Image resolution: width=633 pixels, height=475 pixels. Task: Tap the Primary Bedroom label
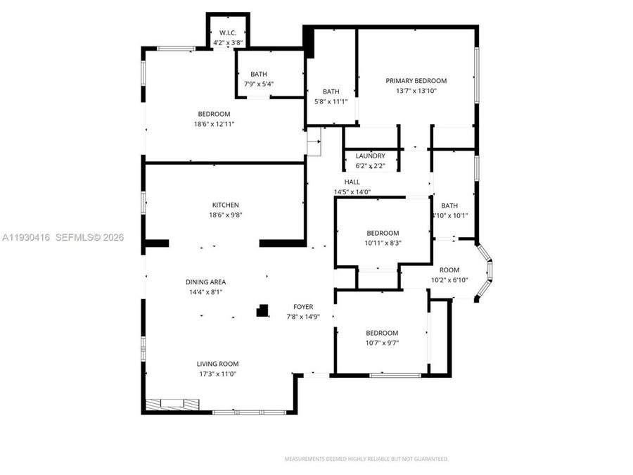416,81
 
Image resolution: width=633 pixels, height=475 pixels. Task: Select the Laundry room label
370,156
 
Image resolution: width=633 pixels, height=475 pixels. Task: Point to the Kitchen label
225,205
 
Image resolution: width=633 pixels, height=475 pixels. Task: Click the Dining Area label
205,282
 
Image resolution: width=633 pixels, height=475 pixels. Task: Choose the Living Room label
217,364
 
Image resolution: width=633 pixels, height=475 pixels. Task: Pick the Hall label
352,182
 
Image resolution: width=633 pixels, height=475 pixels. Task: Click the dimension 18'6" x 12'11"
214,124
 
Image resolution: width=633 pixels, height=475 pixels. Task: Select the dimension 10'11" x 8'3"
383,243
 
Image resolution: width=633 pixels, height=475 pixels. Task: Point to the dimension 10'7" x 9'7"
382,343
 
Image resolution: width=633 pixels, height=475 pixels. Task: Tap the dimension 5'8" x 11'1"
331,101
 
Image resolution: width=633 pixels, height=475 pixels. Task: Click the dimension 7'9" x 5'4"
259,84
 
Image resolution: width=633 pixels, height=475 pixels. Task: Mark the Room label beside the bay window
449,270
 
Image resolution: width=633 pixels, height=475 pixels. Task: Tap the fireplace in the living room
172,404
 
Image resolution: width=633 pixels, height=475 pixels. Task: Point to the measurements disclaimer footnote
366,459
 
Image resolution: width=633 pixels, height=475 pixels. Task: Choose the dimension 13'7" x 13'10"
416,91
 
